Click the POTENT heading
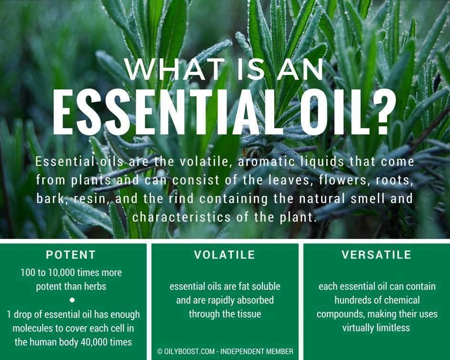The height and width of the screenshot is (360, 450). (x=70, y=255)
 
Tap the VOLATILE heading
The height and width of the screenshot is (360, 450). (x=224, y=255)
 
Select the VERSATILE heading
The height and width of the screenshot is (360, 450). (x=376, y=255)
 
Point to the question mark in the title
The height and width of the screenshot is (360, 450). (x=383, y=112)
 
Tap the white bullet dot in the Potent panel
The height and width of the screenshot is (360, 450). (x=72, y=300)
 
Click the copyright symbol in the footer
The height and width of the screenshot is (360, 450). (x=160, y=351)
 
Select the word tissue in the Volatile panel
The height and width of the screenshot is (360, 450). (x=248, y=314)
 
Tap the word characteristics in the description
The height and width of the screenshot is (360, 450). (x=181, y=217)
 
